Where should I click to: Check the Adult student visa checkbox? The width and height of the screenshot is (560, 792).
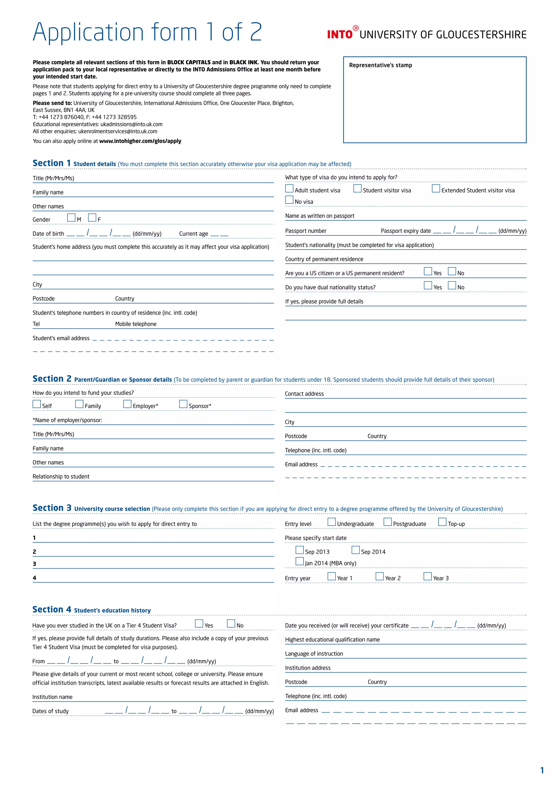point(289,189)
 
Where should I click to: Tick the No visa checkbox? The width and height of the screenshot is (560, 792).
point(289,200)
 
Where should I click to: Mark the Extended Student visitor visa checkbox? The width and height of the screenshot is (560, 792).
point(436,189)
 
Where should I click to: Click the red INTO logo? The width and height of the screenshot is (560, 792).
point(340,34)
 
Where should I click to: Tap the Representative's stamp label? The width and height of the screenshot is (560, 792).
point(380,65)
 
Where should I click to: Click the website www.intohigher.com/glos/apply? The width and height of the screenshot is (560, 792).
point(140,141)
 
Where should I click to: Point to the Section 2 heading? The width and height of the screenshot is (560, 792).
point(52,379)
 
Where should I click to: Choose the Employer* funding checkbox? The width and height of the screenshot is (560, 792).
point(127,404)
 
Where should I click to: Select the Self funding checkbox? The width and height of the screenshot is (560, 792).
point(37,404)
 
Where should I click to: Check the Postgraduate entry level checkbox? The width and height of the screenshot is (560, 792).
point(387,522)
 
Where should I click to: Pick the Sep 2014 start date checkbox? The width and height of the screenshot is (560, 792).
point(355,550)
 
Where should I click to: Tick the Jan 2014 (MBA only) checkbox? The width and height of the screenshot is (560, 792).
point(300,561)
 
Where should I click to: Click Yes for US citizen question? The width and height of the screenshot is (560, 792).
point(428,272)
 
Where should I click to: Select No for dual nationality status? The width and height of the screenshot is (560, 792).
point(452,286)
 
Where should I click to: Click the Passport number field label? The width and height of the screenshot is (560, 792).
point(305,231)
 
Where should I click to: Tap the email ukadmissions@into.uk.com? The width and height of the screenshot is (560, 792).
point(131,124)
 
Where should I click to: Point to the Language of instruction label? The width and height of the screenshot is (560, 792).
point(314,654)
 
